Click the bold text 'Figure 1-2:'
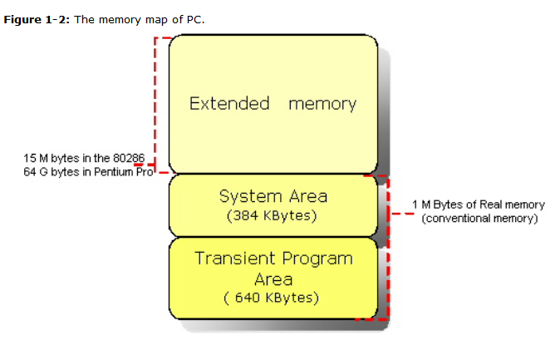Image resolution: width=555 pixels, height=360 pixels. click(37, 19)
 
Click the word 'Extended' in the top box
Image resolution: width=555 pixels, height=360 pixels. click(229, 104)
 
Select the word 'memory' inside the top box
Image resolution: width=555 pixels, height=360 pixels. click(322, 104)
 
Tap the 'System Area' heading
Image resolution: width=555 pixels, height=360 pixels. click(273, 196)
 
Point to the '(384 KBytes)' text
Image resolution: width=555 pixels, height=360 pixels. click(273, 215)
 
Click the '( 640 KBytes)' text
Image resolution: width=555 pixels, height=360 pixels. click(273, 298)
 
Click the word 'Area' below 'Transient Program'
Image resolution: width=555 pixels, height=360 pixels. click(273, 279)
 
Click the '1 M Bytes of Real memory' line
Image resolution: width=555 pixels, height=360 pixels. click(479, 205)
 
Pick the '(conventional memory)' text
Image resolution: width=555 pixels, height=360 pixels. click(479, 219)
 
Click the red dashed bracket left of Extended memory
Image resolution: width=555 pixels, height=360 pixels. click(156, 104)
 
